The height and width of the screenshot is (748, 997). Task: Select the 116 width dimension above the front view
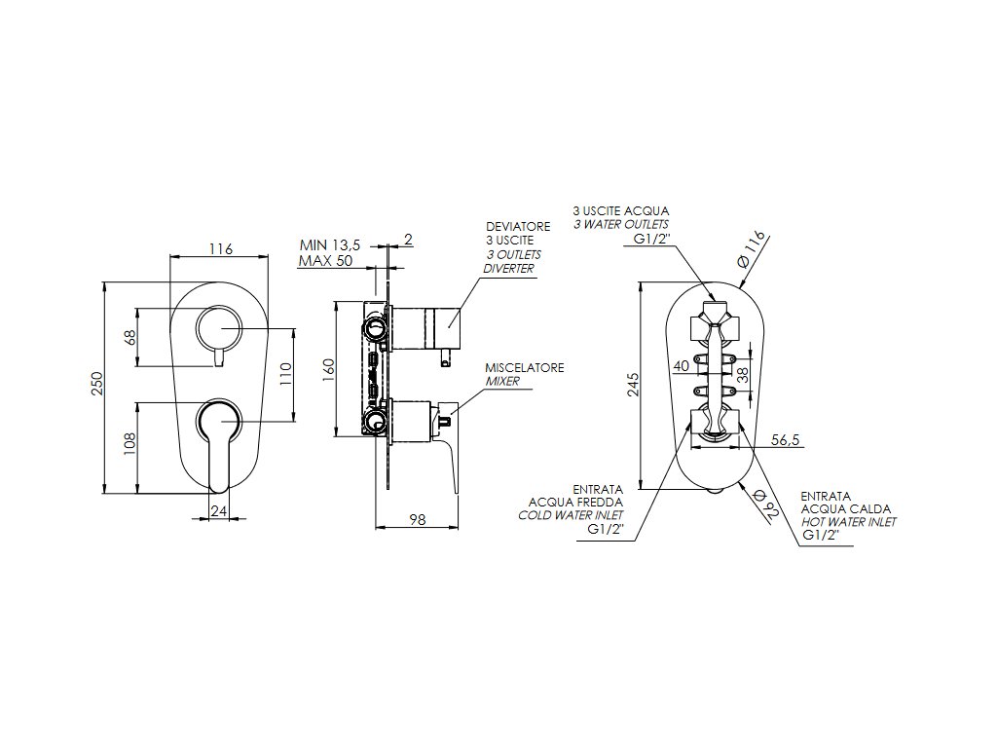pyautogui.click(x=221, y=249)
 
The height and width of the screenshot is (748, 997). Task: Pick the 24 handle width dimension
pyautogui.click(x=220, y=508)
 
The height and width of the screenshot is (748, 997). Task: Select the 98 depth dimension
pyautogui.click(x=417, y=520)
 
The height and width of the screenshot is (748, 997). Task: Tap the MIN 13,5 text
pyautogui.click(x=331, y=245)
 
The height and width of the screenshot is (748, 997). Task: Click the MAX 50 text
pyautogui.click(x=326, y=262)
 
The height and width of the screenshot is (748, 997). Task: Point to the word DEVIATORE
pyautogui.click(x=518, y=226)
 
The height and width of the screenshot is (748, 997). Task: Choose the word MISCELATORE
pyautogui.click(x=525, y=368)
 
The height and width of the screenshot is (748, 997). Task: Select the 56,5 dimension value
pyautogui.click(x=784, y=440)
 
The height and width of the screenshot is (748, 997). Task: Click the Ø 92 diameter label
pyautogui.click(x=764, y=506)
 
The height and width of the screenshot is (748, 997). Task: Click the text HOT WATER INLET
pyautogui.click(x=848, y=522)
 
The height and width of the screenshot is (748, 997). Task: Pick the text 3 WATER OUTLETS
pyautogui.click(x=620, y=224)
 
